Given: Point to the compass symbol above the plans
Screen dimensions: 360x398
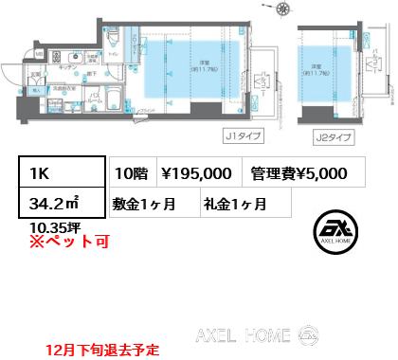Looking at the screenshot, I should tap(282, 11).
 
